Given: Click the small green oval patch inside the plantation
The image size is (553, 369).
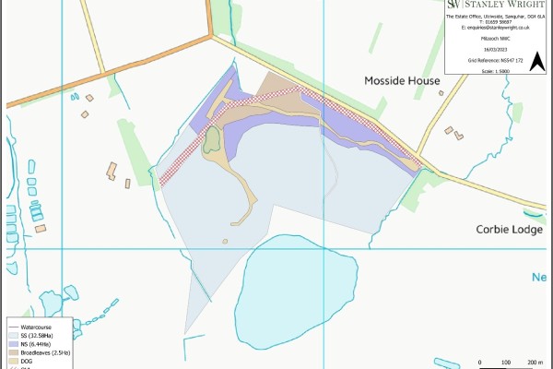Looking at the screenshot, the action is click(x=211, y=140).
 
